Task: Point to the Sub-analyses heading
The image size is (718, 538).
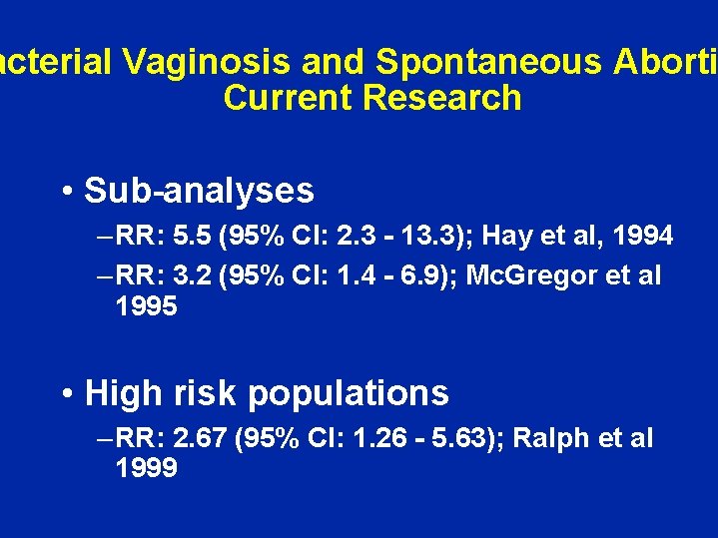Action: (x=199, y=190)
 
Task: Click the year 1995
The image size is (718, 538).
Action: (x=147, y=306)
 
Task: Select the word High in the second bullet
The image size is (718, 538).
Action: (x=124, y=393)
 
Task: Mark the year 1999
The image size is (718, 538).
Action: (x=147, y=468)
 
